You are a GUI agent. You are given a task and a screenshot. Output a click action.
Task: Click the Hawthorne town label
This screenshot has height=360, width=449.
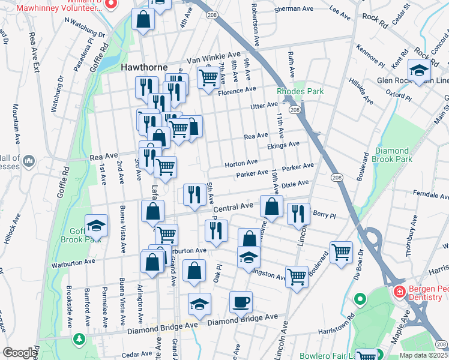144,67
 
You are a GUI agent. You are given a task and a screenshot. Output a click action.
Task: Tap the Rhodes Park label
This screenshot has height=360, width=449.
300,91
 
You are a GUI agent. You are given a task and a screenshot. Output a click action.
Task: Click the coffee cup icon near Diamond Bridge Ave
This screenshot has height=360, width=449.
241,302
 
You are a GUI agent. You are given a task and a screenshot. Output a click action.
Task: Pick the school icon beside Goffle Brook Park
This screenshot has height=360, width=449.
96,226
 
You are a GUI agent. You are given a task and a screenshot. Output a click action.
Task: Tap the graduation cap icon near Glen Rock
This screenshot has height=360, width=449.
419,70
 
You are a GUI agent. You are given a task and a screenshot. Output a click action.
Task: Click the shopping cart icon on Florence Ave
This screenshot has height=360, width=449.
208,77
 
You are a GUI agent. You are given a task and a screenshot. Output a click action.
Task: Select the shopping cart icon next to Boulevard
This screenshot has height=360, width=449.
341,251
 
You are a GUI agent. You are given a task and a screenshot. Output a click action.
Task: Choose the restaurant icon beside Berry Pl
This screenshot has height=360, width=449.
298,214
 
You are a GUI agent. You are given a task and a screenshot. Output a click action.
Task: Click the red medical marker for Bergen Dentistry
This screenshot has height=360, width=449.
399,292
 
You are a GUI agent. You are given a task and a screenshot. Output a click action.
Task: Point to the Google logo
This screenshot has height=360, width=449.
19,353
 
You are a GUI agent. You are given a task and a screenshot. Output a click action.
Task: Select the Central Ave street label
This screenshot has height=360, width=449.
234,207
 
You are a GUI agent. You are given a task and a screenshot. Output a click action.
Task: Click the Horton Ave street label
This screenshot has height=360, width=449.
241,163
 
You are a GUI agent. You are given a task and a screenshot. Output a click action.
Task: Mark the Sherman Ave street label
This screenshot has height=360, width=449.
294,10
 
